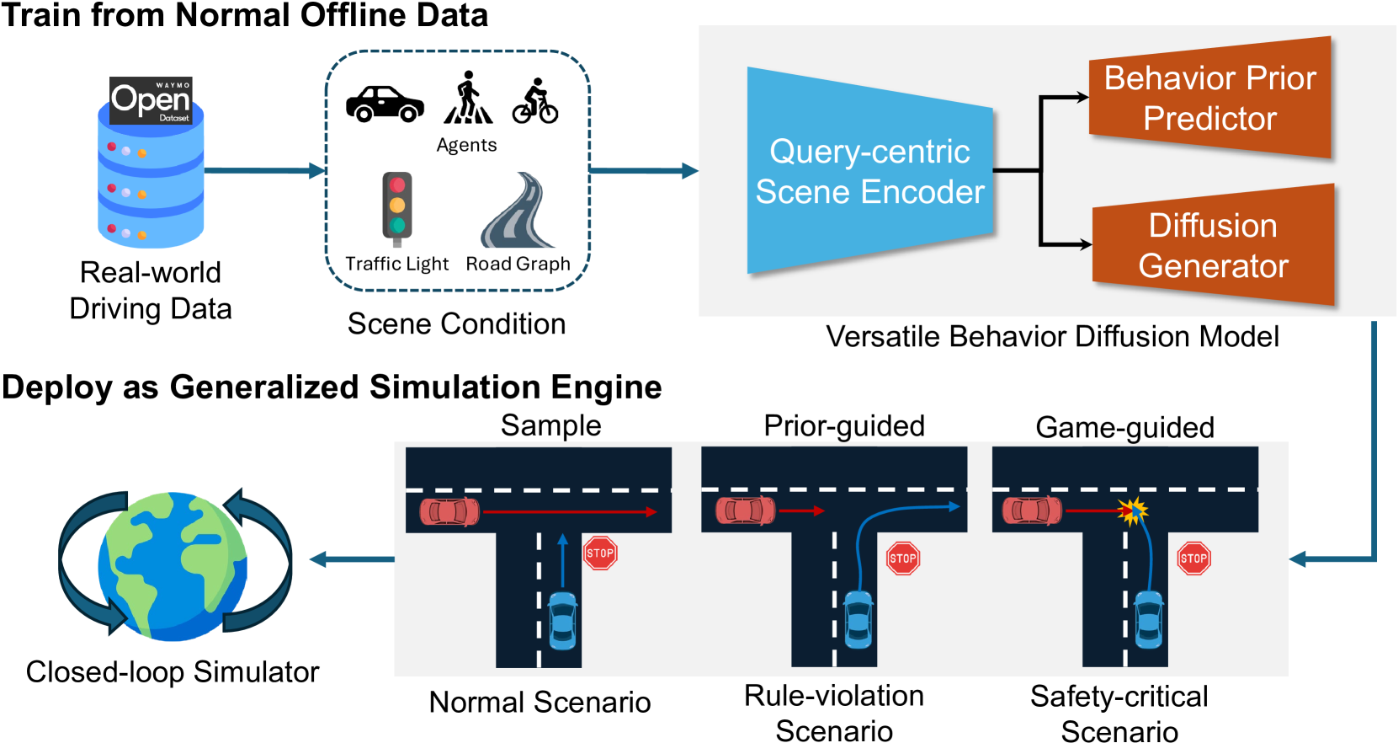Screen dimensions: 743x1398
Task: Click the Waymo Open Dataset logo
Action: pyautogui.click(x=151, y=101)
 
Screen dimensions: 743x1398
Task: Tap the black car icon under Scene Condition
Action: pyautogui.click(x=385, y=104)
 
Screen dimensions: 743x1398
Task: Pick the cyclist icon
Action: pyautogui.click(x=535, y=102)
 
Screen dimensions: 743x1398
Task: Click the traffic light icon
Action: pyautogui.click(x=397, y=206)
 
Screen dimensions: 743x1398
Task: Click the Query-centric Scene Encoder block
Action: pyautogui.click(x=869, y=172)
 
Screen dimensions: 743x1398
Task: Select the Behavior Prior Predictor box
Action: pyautogui.click(x=1210, y=98)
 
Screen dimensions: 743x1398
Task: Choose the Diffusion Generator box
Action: pyautogui.click(x=1213, y=245)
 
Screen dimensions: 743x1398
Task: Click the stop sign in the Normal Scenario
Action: pyautogui.click(x=600, y=553)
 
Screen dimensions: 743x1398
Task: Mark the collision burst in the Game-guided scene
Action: pyautogui.click(x=1132, y=510)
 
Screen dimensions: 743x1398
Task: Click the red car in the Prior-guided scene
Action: pyautogui.click(x=745, y=510)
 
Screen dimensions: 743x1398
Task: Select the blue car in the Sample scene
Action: pyautogui.click(x=562, y=621)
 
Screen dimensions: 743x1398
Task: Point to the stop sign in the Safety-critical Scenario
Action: pyautogui.click(x=1193, y=559)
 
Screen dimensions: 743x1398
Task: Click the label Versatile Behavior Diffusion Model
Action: pyautogui.click(x=1052, y=337)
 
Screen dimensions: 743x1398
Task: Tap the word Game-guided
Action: pyautogui.click(x=1124, y=428)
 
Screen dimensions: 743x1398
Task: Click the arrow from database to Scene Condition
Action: pyautogui.click(x=263, y=171)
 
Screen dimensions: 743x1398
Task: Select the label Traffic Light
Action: pyautogui.click(x=397, y=264)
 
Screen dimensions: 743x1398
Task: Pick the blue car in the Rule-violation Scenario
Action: pyautogui.click(x=858, y=619)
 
